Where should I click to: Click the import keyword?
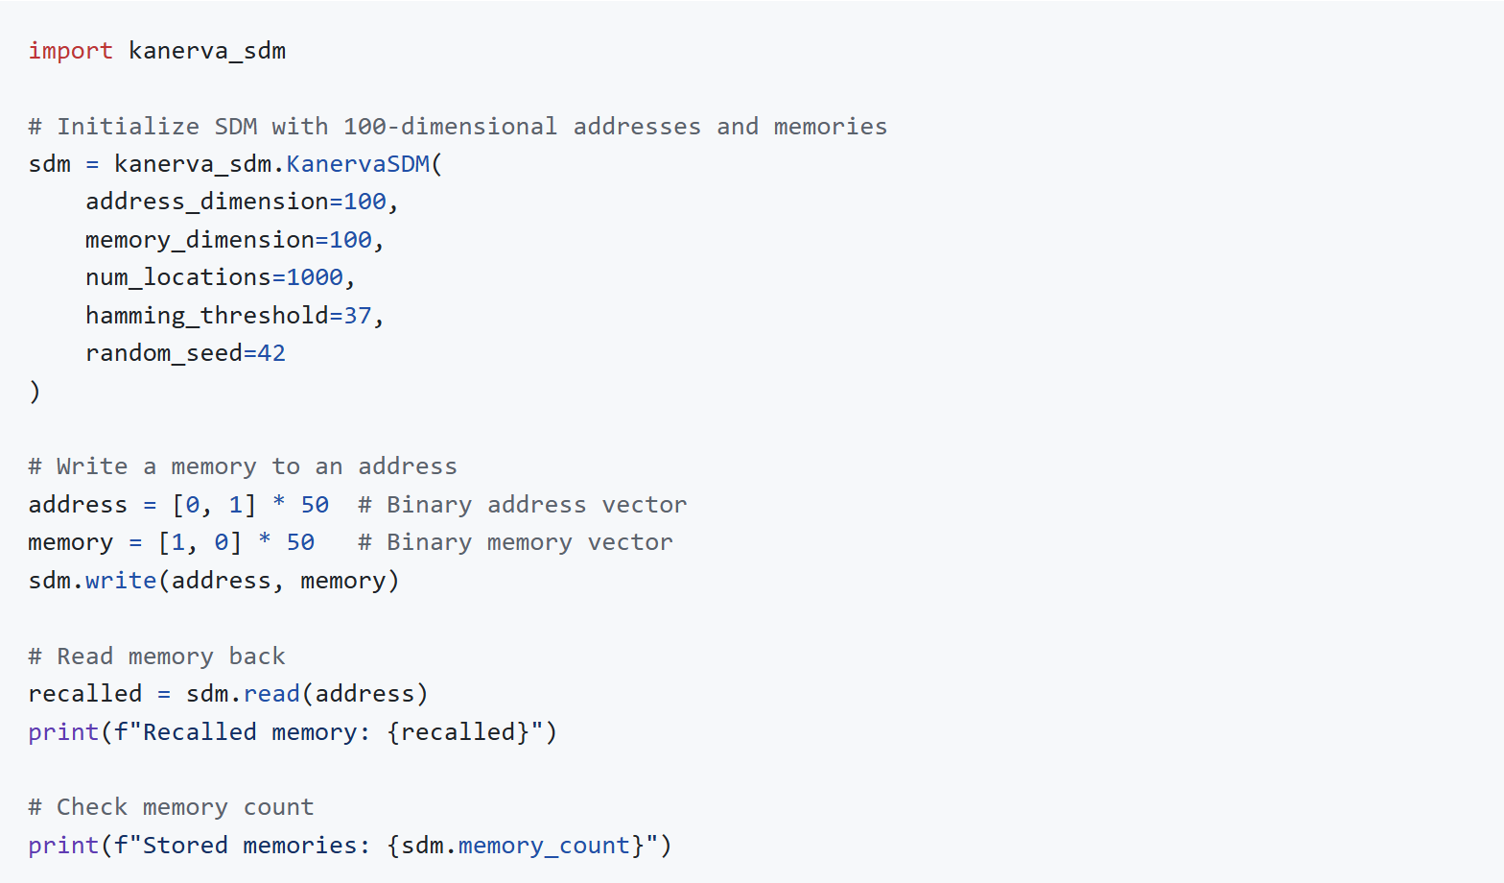pos(70,51)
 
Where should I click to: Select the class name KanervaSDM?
pos(357,164)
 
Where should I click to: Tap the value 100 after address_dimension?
pos(364,202)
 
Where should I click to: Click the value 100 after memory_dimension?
pos(350,240)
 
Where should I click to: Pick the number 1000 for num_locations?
pos(315,277)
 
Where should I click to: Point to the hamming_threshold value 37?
pos(357,316)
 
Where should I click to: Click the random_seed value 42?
pos(271,353)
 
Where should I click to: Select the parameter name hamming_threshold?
pos(206,316)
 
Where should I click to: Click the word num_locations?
pos(178,277)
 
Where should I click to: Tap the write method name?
pos(121,581)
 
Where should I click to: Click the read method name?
pos(271,694)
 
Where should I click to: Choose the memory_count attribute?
pos(543,846)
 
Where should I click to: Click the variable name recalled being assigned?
pos(85,694)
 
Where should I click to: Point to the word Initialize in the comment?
pos(128,127)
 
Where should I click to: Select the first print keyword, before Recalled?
pos(63,732)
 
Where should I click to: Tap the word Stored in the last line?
pos(185,846)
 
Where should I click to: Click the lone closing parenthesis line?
pos(35,392)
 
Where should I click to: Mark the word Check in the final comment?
pos(92,807)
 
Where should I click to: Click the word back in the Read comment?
pos(257,656)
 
